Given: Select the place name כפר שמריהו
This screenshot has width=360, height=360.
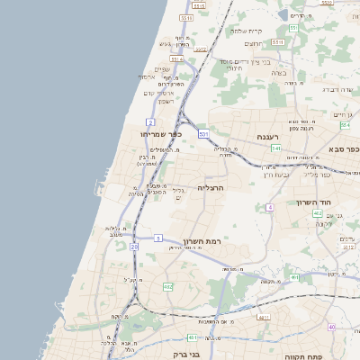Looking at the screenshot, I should (161, 133).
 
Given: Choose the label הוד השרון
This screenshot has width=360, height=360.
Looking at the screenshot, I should (314, 202).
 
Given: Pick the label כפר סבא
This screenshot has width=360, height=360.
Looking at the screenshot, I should (344, 148).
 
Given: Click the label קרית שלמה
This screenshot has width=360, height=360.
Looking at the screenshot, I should (245, 31).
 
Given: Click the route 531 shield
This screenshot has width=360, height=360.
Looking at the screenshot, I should (203, 135).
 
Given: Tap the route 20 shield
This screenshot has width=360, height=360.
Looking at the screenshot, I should (134, 246).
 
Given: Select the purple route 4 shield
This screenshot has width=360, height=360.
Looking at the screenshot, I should (269, 208).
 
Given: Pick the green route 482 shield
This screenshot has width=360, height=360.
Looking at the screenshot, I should (167, 286).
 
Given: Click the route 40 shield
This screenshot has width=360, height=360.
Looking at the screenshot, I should (331, 327).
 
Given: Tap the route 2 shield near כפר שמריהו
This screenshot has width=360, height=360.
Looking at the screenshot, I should (150, 120).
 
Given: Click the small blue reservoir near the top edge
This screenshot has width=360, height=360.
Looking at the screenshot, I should (298, 14).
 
